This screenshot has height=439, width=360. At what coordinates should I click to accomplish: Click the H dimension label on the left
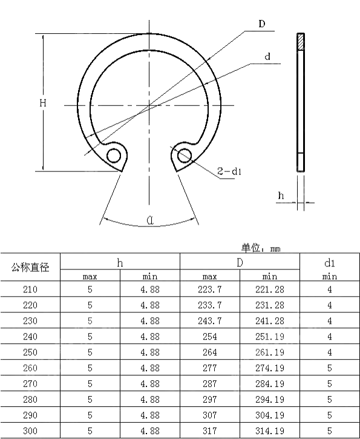tap(43, 104)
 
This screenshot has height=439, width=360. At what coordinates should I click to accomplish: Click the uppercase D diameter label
tap(261, 24)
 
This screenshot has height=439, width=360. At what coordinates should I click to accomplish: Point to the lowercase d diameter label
tap(267, 57)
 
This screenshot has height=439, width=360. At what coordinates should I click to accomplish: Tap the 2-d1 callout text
tap(230, 172)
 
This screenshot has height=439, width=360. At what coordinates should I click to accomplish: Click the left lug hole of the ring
tap(114, 156)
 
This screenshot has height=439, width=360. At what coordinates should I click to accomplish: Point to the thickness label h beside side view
tap(280, 195)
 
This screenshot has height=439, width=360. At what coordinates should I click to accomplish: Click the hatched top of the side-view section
tap(301, 41)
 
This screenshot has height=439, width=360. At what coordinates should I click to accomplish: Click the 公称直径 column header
tap(30, 267)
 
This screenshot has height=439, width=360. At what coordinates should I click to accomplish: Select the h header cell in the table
tap(120, 262)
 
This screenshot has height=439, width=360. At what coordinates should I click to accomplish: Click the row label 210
tap(30, 289)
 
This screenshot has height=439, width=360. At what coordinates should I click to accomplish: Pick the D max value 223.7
tap(210, 289)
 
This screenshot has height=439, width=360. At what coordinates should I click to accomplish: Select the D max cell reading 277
tap(210, 368)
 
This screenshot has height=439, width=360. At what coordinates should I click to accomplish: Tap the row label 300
tap(30, 431)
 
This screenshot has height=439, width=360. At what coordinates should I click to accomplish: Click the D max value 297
tap(210, 400)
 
